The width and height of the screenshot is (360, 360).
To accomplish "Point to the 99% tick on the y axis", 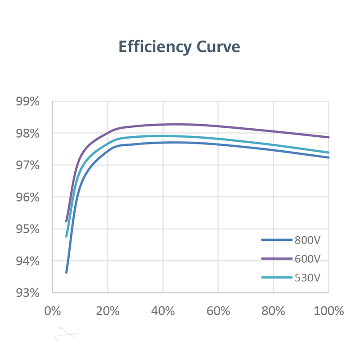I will coord(28,102).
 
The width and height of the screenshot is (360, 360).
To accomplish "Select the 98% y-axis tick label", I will coord(28,134).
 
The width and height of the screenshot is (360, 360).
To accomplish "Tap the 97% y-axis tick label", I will coord(28,166).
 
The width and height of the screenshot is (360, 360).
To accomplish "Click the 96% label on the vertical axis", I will coord(28,198).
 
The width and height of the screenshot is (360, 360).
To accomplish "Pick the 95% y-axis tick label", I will coord(28,229).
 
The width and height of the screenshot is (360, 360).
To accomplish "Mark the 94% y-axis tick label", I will coord(28,261).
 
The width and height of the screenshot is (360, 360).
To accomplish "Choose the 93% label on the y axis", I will coord(28,293).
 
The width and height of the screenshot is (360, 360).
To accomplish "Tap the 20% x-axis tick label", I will coord(108,311).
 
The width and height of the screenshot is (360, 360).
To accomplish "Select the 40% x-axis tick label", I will coord(163,311).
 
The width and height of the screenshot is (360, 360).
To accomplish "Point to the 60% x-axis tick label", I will coord(218,311).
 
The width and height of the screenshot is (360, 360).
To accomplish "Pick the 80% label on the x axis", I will coord(274,311).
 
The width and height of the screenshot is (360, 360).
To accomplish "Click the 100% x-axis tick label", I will coord(328,311).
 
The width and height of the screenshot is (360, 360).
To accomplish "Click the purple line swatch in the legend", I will coord(276,259).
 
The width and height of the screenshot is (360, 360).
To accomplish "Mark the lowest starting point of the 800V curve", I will coord(67,272).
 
